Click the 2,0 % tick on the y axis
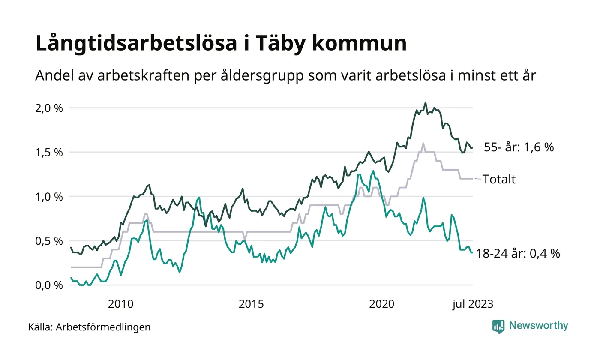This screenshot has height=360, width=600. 49,108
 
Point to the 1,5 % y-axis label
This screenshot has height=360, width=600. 49,153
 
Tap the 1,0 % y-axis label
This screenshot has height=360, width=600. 49,197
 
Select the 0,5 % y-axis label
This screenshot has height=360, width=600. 49,241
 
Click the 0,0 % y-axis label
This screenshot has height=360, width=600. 49,285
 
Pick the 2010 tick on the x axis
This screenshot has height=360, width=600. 120,304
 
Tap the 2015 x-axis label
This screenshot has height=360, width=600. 251,304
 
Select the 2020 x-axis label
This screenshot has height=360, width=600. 382,304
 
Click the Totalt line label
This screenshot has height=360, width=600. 499,179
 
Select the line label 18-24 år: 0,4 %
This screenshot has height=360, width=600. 518,254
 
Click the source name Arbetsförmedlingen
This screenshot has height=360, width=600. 103,327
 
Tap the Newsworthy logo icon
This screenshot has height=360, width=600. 498,327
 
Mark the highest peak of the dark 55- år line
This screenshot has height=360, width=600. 425,102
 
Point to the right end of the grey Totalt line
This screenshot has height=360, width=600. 473,178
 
